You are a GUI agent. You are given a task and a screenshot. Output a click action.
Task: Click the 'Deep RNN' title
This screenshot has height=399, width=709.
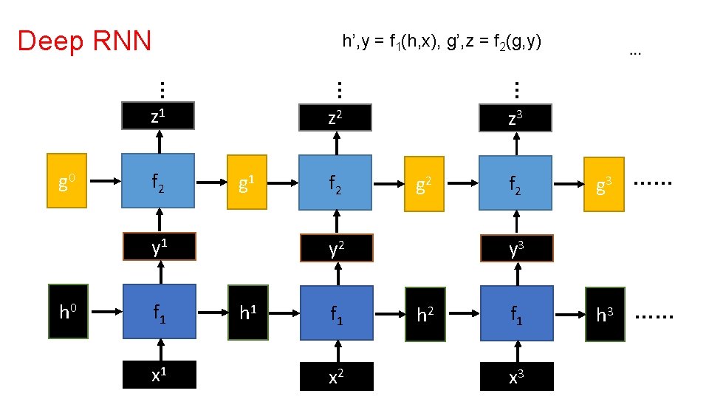(84, 41)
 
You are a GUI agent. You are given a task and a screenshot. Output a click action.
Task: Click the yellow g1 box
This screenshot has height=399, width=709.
(247, 181)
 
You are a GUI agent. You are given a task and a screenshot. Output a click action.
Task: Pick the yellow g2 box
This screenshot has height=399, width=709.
(424, 181)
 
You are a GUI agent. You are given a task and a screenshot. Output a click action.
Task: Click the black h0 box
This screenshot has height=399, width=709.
(68, 311)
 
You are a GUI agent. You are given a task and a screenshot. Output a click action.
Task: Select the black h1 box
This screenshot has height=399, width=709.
(247, 313)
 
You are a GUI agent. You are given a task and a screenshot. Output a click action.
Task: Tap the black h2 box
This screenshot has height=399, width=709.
(425, 316)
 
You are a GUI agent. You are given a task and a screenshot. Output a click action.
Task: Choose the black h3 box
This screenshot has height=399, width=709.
(604, 316)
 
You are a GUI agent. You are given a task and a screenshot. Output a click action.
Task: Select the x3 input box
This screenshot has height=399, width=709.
(516, 375)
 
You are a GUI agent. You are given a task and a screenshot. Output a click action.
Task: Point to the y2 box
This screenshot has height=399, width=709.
(336, 248)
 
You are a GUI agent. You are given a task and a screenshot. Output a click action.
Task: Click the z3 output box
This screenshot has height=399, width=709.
(516, 117)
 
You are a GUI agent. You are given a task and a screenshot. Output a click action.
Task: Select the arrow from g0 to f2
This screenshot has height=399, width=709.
(106, 179)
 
